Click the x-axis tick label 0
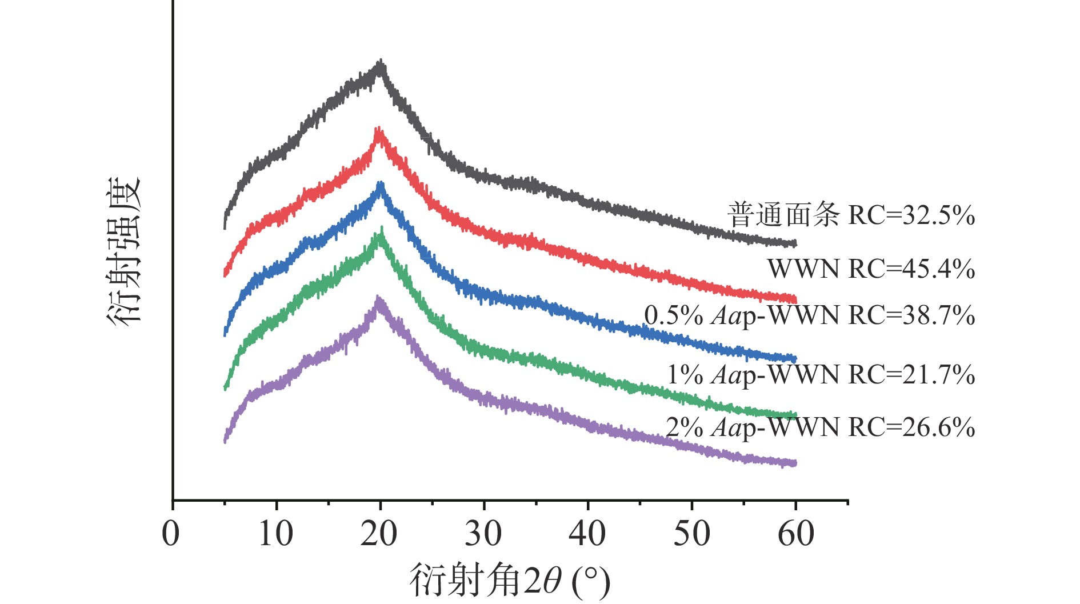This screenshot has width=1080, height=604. tap(171, 534)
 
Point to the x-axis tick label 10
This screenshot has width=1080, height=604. tap(275, 534)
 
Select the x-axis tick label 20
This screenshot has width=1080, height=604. tap(379, 534)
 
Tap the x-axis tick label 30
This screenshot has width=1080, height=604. tap(483, 534)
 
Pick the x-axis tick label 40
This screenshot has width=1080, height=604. tap(587, 534)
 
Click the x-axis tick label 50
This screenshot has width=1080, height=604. tap(691, 534)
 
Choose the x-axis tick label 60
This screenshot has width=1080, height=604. tap(795, 534)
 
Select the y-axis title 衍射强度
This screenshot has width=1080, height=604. tap(123, 252)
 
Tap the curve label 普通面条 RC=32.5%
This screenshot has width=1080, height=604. tap(851, 215)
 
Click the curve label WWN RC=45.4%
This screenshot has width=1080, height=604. tap(871, 269)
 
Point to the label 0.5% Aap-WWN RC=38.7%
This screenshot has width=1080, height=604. tap(809, 315)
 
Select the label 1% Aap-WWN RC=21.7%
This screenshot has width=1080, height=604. tap(821, 375)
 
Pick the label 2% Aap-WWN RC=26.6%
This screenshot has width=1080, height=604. tap(820, 427)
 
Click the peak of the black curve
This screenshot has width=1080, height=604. tap(381, 61)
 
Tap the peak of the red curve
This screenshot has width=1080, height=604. tap(378, 129)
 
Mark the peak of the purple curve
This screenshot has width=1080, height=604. tap(378, 298)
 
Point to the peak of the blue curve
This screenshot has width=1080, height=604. tap(380, 183)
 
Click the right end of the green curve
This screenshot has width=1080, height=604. tap(795, 415)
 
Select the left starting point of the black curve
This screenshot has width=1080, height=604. tap(225, 227)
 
